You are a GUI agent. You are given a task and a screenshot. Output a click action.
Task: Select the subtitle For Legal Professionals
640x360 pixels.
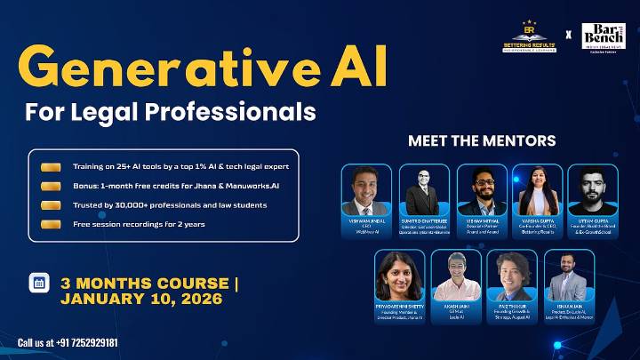[171, 114]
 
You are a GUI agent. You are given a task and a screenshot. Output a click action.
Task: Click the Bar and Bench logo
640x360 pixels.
[604, 36]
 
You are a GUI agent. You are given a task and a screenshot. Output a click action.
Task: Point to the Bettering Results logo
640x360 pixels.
[527, 36]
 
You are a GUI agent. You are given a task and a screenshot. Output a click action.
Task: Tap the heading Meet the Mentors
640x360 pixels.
[482, 140]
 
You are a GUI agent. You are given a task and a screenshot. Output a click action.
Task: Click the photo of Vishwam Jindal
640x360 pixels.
[366, 189]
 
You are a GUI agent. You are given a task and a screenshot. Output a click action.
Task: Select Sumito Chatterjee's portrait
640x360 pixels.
[423, 189]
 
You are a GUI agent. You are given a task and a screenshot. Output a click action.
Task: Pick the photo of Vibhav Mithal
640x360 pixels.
[482, 189]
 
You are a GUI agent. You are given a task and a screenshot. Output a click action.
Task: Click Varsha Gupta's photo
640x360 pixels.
[537, 189]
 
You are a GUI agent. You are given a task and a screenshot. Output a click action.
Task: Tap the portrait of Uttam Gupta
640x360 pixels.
[593, 189]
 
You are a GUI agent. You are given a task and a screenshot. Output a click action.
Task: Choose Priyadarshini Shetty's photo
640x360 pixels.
[399, 276]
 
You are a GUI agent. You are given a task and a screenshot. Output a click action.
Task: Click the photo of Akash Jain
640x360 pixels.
[456, 276]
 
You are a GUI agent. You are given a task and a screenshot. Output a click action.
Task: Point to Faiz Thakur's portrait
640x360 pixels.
[512, 276]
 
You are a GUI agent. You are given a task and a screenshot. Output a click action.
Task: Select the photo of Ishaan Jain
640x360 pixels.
[569, 276]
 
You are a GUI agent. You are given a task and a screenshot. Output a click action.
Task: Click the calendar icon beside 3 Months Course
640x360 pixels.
[39, 284]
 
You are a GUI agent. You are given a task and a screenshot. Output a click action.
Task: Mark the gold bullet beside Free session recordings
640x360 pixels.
[51, 224]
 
